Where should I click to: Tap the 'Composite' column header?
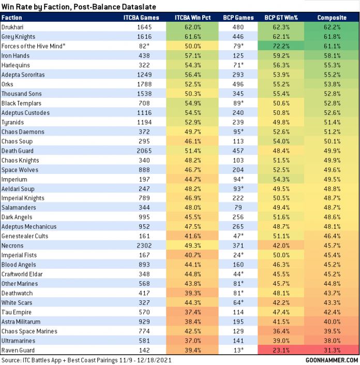[x=331, y=18]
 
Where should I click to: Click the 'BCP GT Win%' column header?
[x=281, y=18]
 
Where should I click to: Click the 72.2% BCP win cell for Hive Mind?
[x=281, y=47]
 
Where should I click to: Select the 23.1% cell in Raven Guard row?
[x=281, y=350]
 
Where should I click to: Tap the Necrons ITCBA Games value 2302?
[x=145, y=245]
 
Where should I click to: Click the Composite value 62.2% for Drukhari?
[x=331, y=27]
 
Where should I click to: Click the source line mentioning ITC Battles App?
[x=86, y=359]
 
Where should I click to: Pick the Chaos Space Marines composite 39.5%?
[x=331, y=331]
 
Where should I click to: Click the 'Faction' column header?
[x=12, y=18]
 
